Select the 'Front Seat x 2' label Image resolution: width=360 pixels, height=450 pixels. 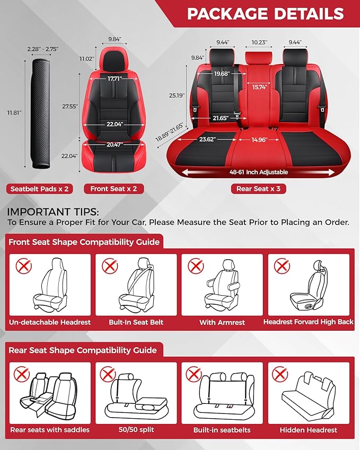point(113,189)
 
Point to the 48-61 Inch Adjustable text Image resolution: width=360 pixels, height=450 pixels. point(259,172)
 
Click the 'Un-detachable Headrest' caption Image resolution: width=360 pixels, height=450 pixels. point(50,322)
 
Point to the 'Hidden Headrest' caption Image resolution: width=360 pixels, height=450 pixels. point(308,430)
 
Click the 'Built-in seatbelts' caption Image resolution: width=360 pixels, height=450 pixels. point(222,430)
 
